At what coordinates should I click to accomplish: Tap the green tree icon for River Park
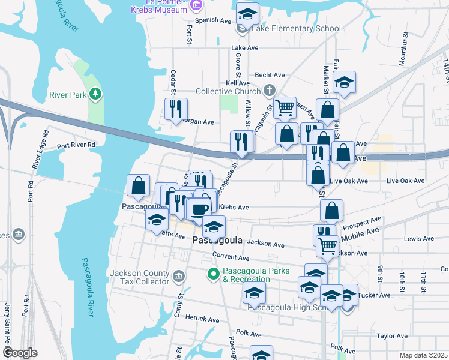tap(95, 94)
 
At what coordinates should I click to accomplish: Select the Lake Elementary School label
tap(297, 28)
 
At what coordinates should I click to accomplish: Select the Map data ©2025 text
tap(423, 355)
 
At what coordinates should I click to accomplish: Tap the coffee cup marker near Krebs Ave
tap(200, 209)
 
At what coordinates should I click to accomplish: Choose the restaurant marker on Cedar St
tap(176, 109)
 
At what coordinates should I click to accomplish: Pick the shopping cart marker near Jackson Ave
tap(327, 245)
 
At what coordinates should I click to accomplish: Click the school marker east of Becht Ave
tap(345, 82)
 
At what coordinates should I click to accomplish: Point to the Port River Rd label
tap(76, 145)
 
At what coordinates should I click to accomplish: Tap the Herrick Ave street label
tap(200, 317)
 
